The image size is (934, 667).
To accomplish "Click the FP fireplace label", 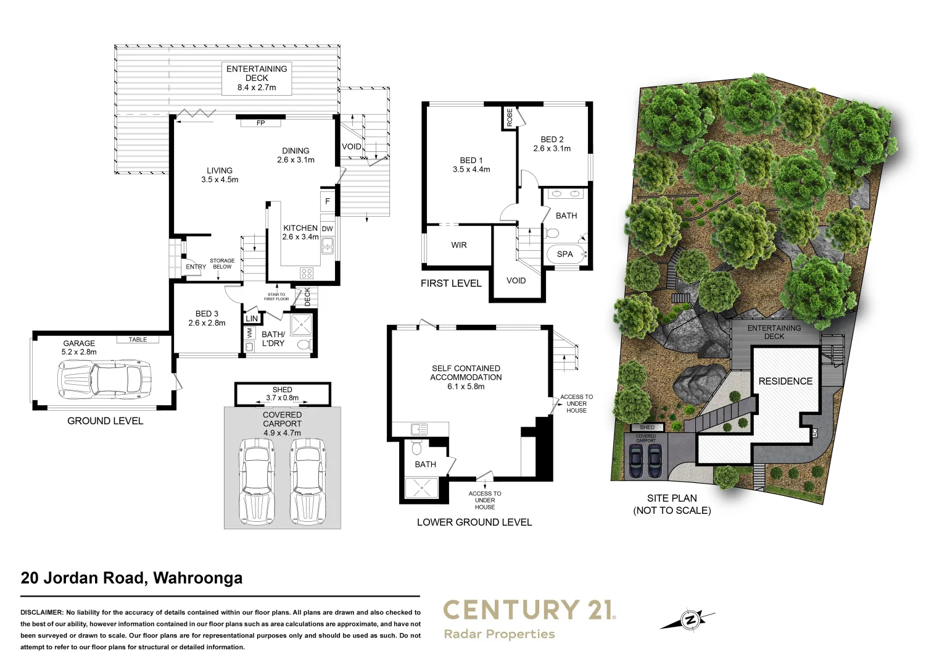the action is (260, 123).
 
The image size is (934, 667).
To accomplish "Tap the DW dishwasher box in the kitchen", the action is (328, 229).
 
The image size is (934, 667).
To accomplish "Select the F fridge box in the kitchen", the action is (328, 201).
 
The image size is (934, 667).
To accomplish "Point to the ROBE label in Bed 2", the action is (510, 117).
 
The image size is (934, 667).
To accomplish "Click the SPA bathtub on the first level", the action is (566, 254).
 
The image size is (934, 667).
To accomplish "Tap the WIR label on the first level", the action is (458, 245).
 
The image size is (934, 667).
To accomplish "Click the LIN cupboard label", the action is (252, 319).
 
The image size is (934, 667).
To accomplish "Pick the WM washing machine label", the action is (249, 333).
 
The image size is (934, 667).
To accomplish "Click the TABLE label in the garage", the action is (138, 339).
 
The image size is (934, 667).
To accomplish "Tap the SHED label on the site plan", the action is (647, 427).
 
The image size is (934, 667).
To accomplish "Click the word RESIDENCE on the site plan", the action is (785, 381).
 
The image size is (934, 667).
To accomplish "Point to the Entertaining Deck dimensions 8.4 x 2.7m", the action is (257, 87).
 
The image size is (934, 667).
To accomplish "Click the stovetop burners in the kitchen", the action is (307, 274).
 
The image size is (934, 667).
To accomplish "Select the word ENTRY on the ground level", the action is (196, 267).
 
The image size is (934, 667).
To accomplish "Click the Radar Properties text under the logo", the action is (499, 634).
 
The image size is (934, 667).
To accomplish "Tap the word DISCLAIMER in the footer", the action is (42, 612).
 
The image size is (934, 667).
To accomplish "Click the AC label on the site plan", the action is (815, 434).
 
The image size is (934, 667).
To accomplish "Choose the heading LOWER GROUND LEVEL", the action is (474, 522).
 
